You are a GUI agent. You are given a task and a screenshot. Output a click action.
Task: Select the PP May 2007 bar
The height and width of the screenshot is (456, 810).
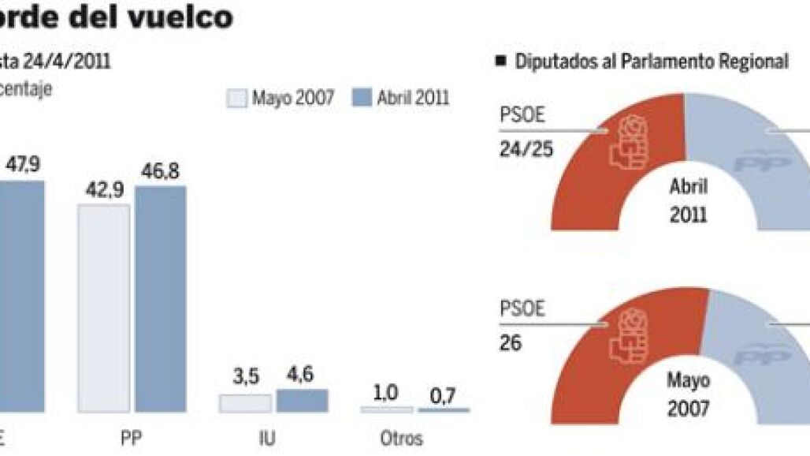(x=103, y=308)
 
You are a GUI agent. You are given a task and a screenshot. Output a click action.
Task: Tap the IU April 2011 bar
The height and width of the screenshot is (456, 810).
(x=302, y=401)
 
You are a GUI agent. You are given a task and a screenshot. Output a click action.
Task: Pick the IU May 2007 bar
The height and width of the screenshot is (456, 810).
(x=244, y=403)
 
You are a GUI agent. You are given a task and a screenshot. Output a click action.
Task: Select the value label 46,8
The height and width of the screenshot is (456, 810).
(x=161, y=170)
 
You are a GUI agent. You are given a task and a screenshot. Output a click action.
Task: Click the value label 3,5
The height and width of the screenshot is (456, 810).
(x=245, y=379)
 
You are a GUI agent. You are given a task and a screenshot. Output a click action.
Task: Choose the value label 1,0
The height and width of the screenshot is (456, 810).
(x=385, y=392)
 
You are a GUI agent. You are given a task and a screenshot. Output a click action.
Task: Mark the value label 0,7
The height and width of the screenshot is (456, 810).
(x=443, y=394)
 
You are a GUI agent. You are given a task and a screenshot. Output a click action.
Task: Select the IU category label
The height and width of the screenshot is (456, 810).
(x=267, y=439)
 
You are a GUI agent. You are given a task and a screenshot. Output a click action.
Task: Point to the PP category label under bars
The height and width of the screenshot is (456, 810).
(x=132, y=439)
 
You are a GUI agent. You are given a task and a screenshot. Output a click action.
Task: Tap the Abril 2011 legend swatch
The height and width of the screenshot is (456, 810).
(x=362, y=99)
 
